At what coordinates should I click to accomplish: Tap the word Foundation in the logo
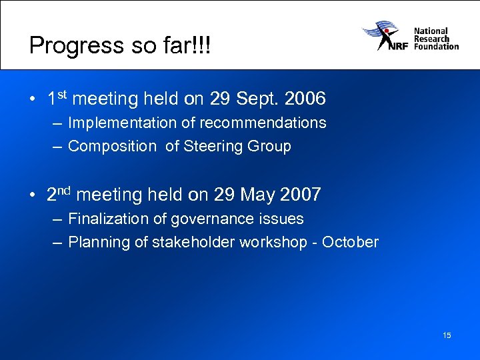pyautogui.click(x=436, y=47)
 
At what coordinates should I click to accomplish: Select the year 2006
pyautogui.click(x=305, y=99)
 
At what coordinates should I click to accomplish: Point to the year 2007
pyautogui.click(x=301, y=195)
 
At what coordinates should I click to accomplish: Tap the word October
pyautogui.click(x=350, y=242)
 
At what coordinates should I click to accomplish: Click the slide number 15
pyautogui.click(x=446, y=335)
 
